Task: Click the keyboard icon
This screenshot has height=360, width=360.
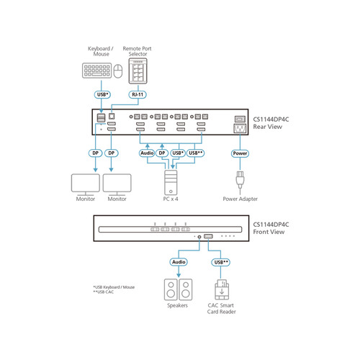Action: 96,71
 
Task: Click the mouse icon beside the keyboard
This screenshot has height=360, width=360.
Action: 118,71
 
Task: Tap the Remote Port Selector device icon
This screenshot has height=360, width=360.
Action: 138,71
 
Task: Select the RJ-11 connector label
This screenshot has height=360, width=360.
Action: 138,94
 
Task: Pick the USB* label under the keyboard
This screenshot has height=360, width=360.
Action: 102,94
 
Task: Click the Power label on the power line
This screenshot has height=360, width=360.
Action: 240,153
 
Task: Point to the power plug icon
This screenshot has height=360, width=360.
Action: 240,181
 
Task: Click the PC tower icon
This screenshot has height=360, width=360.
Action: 171,182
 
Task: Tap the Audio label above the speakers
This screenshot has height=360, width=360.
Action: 179,262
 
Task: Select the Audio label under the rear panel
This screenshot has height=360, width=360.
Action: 147,153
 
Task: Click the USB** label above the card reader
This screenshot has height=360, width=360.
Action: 221,262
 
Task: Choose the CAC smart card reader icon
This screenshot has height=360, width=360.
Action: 222,289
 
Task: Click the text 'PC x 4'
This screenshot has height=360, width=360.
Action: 171,199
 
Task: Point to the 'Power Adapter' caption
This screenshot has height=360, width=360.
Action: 240,199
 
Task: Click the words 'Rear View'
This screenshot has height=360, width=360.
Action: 268,127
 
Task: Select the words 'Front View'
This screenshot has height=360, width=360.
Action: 269,232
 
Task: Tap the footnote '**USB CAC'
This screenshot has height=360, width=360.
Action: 104,292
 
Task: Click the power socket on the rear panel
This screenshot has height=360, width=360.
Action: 240,128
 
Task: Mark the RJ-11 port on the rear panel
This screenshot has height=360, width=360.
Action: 112,117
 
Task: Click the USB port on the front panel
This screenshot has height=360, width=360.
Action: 208,236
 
